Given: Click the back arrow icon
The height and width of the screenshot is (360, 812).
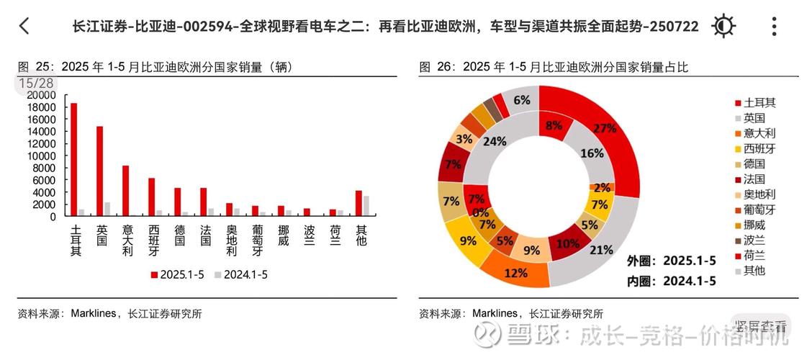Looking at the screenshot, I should pyautogui.click(x=24, y=27).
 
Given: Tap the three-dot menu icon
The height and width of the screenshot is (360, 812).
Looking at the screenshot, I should pyautogui.click(x=774, y=27).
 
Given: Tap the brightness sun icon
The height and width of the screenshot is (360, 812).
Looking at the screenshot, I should pyautogui.click(x=723, y=27).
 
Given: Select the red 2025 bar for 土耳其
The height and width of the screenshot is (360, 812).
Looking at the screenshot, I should pyautogui.click(x=73, y=159).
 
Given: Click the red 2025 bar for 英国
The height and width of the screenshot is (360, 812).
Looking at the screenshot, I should pyautogui.click(x=99, y=171).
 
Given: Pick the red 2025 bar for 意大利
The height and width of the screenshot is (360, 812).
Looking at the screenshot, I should pyautogui.click(x=125, y=190).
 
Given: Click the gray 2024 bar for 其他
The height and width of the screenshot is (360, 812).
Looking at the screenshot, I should pyautogui.click(x=366, y=205).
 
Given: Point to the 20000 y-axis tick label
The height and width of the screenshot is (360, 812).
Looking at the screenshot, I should pyautogui.click(x=40, y=95).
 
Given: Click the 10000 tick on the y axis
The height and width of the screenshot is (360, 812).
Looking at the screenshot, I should pyautogui.click(x=40, y=156).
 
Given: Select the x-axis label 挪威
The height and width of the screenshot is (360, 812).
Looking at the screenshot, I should pyautogui.click(x=283, y=235).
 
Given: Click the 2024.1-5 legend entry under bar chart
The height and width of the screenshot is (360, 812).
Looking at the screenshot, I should pyautogui.click(x=240, y=274).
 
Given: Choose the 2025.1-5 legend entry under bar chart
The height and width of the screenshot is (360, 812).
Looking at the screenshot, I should pyautogui.click(x=177, y=274).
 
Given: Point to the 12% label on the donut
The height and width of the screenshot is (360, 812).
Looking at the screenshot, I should pyautogui.click(x=515, y=273).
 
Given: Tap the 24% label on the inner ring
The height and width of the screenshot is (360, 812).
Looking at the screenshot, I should pyautogui.click(x=494, y=142).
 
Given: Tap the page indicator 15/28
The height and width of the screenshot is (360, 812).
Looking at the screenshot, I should pyautogui.click(x=36, y=84).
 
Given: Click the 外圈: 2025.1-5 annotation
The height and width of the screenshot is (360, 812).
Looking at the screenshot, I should pyautogui.click(x=671, y=261).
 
